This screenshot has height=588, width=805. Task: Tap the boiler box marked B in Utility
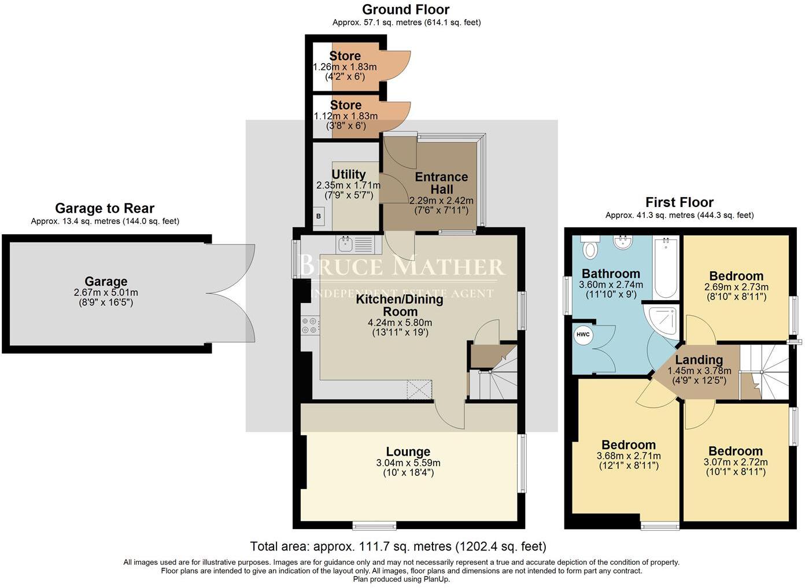coord(318,216)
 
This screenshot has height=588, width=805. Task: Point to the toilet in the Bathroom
coord(590,248)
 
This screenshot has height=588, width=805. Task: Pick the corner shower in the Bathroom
coord(663,320)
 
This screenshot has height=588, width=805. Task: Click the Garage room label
coord(106,282)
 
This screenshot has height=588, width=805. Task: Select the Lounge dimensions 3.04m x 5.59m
coord(408,463)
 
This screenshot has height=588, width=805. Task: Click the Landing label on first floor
coord(699,360)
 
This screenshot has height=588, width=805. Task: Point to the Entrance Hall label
coord(441,183)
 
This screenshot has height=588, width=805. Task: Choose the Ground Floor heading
coord(405,9)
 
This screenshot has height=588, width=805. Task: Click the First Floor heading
coord(679,202)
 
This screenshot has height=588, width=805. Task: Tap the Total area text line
coord(398,546)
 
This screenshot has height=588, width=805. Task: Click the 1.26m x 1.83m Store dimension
coord(345,67)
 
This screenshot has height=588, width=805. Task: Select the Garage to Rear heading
coord(105,208)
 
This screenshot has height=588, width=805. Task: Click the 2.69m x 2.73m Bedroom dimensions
coord(736,287)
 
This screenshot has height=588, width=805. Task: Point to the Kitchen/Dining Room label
coord(400,305)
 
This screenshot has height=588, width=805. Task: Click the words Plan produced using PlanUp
coord(401,579)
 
